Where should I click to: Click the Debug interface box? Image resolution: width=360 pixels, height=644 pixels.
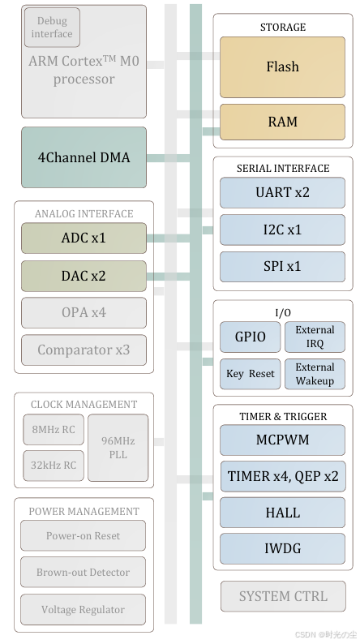(x=52, y=27)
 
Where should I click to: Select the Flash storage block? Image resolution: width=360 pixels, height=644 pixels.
(x=282, y=67)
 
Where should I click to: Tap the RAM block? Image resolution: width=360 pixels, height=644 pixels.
(x=282, y=122)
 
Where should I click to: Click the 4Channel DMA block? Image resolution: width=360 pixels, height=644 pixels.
(x=84, y=157)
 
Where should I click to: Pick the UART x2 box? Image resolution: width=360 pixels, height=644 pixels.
(x=282, y=192)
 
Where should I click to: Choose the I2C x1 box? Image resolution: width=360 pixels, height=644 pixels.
(x=282, y=230)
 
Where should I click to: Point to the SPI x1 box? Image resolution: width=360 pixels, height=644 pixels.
(x=282, y=267)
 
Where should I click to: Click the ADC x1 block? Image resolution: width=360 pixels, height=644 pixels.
(x=84, y=238)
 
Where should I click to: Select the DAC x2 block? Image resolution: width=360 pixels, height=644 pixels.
(x=84, y=276)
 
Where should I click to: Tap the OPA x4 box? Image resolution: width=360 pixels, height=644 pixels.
(x=84, y=312)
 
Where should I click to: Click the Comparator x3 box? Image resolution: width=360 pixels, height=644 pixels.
(x=84, y=350)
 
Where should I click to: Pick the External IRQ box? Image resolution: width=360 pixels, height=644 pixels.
(x=315, y=337)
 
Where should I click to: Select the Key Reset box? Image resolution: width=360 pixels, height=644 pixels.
(x=251, y=374)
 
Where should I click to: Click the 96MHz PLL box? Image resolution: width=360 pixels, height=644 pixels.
(x=118, y=448)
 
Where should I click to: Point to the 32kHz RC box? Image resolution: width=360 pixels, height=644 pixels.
(x=54, y=466)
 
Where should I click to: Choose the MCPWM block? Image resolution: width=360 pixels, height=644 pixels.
(x=282, y=440)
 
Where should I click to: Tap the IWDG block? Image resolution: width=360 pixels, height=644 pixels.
(x=282, y=549)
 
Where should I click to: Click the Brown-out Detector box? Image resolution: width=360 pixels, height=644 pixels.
(x=83, y=572)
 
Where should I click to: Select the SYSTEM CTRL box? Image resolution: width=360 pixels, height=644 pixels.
(x=283, y=596)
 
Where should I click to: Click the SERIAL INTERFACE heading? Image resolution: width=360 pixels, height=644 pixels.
(x=283, y=169)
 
